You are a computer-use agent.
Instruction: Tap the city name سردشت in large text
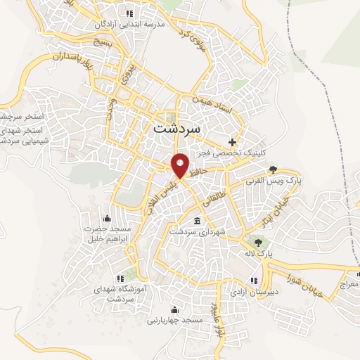tap(176, 129)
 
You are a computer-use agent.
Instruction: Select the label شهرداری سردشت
tap(201, 231)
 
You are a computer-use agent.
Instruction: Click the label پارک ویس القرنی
tap(273, 181)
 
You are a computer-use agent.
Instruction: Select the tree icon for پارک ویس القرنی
tap(274, 169)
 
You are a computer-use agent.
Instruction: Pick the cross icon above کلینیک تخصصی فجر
tap(233, 142)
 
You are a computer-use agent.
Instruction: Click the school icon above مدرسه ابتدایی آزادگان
tap(128, 13)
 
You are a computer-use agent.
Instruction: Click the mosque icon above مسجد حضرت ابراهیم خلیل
tap(106, 217)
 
